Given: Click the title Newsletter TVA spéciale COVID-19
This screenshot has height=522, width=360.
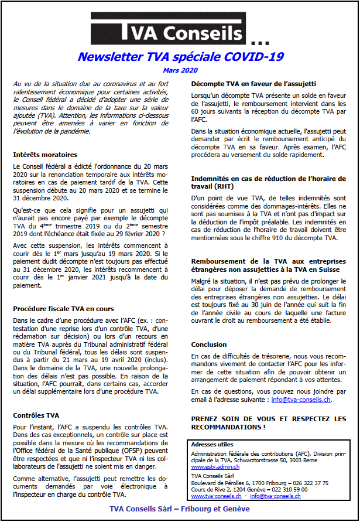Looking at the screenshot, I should pos(181,57).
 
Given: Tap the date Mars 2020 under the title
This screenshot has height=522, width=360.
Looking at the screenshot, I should pos(181,70).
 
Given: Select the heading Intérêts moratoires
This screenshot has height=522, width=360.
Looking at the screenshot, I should pos(45,155).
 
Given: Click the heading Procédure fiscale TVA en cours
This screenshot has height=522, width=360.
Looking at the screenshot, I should pos(63,309).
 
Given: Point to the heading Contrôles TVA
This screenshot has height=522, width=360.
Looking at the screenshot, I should pos(36,415).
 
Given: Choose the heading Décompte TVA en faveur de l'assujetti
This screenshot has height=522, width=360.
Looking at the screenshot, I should pos(253,84).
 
